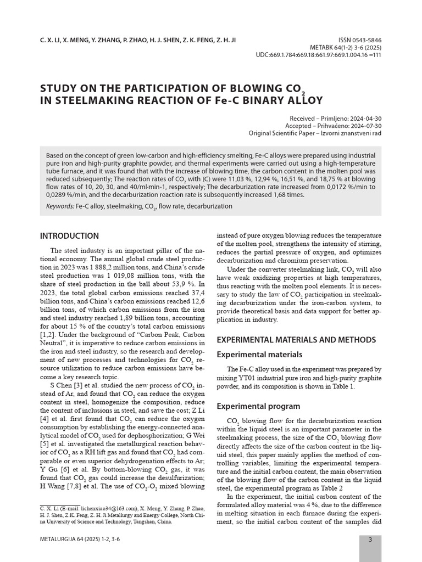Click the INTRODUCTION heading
[x=70, y=236]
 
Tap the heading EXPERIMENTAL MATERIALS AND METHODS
[x=297, y=340]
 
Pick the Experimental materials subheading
[x=260, y=355]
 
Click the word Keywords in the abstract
[x=59, y=206]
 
